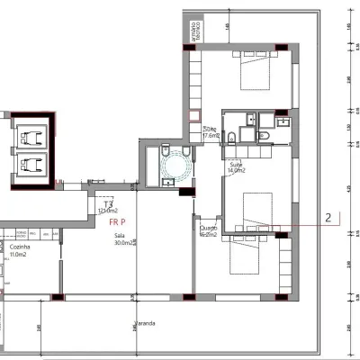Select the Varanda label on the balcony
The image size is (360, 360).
tap(144, 322)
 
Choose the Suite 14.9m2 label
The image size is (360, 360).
tap(237, 168)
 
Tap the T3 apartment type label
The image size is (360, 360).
tap(106, 206)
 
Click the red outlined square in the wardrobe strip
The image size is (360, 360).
tap(192, 116)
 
